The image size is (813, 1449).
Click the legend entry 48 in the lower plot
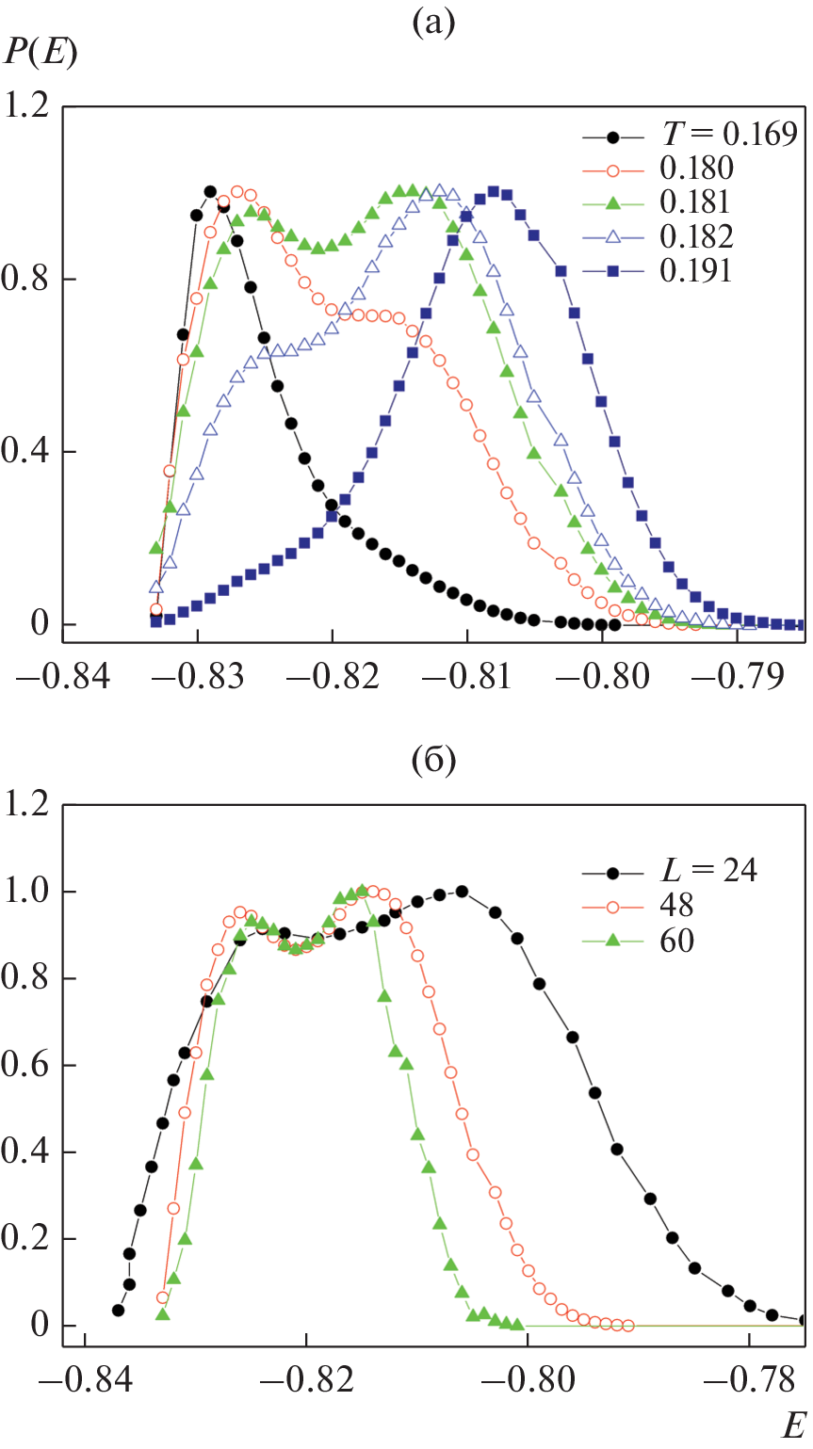coord(677,904)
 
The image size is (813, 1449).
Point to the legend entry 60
coord(677,939)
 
